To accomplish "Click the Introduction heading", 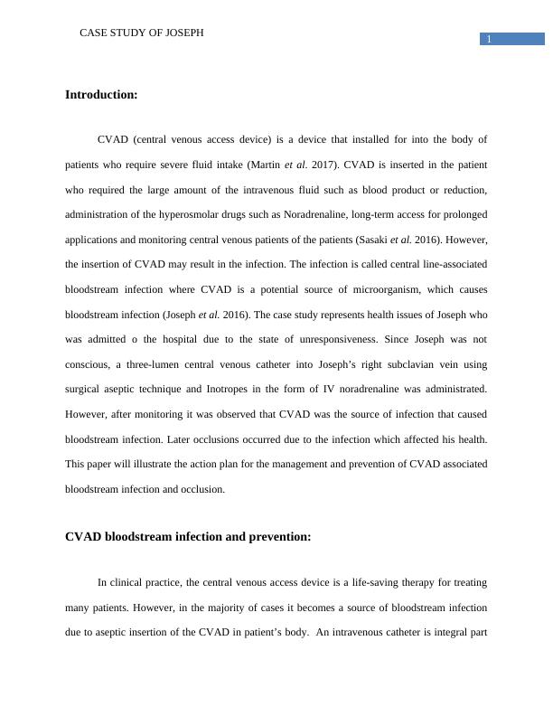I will [x=101, y=95].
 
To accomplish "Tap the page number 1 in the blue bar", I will [x=489, y=39].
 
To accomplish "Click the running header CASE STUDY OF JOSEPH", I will [x=142, y=33].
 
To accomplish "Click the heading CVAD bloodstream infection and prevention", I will [x=188, y=536].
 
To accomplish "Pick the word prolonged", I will [x=462, y=216].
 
